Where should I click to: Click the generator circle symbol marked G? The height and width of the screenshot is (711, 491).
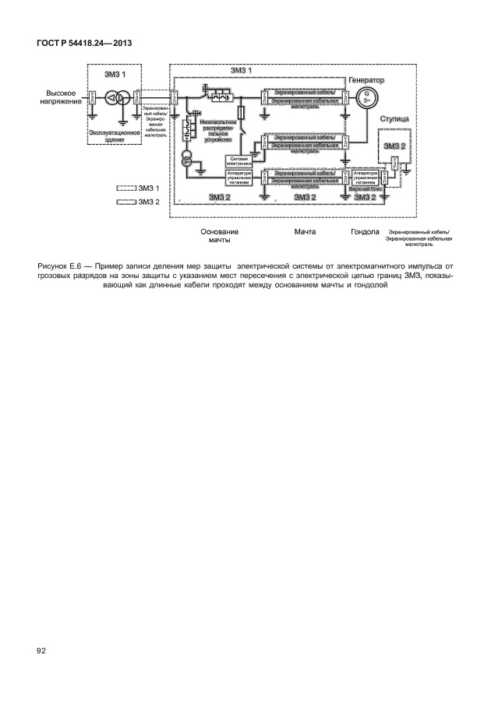[x=363, y=97]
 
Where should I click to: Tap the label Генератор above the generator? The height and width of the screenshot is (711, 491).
[x=367, y=80]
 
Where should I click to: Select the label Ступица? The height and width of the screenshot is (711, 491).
[x=394, y=119]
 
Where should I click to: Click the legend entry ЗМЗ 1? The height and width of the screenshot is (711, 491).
[x=137, y=188]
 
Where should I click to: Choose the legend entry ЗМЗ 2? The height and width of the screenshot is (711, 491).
[x=137, y=202]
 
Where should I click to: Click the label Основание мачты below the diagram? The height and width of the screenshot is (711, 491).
[x=219, y=236]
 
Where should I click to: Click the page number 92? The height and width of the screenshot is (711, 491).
[x=41, y=649]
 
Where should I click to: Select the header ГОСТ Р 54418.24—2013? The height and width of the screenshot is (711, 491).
[x=83, y=42]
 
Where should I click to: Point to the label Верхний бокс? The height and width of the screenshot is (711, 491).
[x=366, y=188]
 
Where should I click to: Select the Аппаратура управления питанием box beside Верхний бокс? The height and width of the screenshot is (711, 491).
[x=366, y=176]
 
